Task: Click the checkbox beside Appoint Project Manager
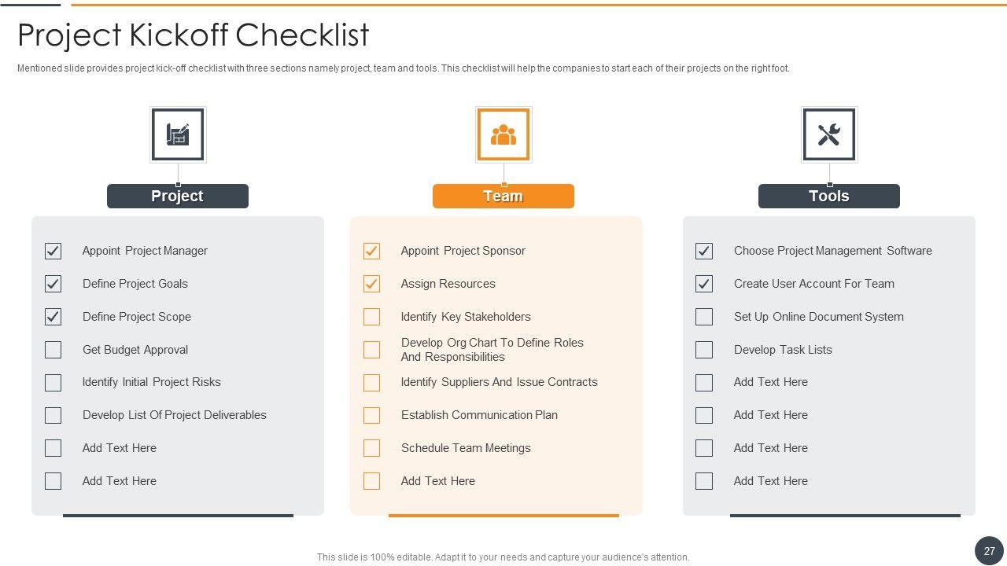[53, 251]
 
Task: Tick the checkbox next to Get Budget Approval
[53, 350]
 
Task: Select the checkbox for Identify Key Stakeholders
[371, 317]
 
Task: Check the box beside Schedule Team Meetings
[371, 448]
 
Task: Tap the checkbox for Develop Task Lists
[703, 350]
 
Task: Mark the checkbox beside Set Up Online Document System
[703, 317]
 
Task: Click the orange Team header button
[503, 196]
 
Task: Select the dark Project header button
[178, 196]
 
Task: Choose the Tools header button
[829, 196]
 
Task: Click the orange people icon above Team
[503, 134]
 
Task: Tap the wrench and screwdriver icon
[829, 134]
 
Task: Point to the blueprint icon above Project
[178, 134]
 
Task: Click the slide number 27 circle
[989, 551]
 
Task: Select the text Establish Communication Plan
[479, 415]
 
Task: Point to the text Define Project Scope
[137, 317]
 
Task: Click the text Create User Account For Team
[814, 284]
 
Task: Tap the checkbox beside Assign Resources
[371, 284]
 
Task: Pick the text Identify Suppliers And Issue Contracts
[500, 382]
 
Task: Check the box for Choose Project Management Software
[703, 251]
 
